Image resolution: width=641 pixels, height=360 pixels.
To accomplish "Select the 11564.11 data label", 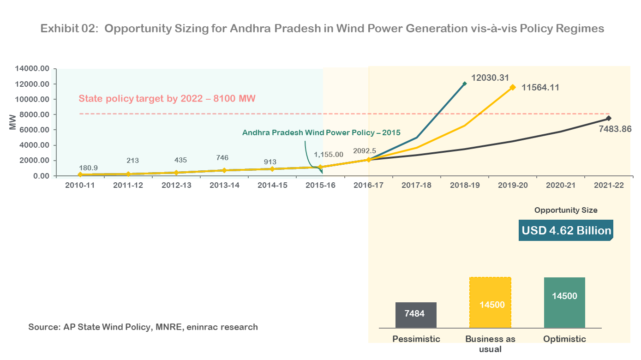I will [x=540, y=87].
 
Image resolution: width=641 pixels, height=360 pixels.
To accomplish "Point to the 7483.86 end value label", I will [x=615, y=129].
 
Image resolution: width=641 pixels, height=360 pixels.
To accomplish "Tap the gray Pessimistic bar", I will [x=415, y=315].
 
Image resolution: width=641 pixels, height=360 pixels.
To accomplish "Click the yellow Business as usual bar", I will [x=490, y=303].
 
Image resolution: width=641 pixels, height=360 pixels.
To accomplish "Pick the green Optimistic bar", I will [x=564, y=303].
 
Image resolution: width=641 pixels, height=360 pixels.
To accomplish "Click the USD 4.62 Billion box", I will [x=566, y=230].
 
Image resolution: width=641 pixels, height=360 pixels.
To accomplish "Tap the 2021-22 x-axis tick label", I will [x=609, y=185].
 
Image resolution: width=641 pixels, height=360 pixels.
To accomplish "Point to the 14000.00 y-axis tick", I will [x=32, y=69].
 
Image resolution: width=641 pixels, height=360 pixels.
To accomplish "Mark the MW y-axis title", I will [x=12, y=122].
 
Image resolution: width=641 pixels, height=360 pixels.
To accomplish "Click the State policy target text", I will [x=167, y=98].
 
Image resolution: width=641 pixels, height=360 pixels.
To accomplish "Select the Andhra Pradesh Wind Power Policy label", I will [x=321, y=132].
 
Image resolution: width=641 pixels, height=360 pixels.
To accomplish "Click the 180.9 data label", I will [x=88, y=168].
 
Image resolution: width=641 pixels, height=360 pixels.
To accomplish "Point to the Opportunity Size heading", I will [x=566, y=210].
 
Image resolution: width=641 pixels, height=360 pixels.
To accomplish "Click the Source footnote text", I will [x=143, y=327].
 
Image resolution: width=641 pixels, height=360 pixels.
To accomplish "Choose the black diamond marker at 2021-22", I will [x=609, y=118].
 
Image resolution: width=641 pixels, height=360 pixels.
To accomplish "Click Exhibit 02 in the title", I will [x=69, y=29].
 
